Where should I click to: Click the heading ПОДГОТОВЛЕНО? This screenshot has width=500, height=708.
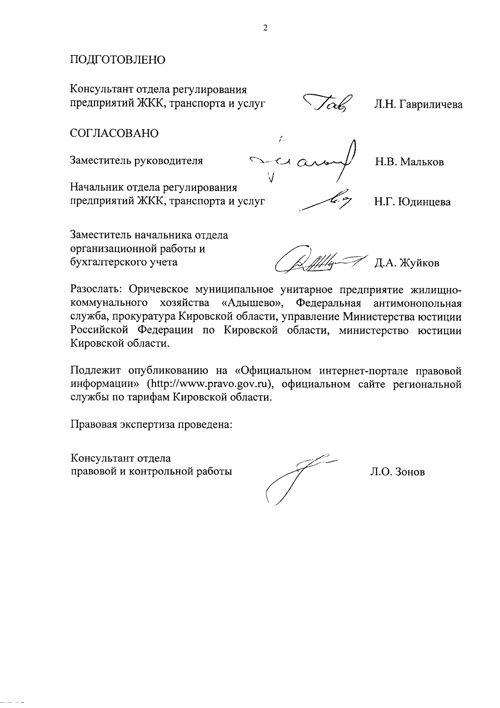117,60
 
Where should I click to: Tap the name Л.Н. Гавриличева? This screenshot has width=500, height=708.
418,105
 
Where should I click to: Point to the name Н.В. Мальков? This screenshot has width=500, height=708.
409,162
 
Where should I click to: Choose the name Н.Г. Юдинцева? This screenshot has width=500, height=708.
412,202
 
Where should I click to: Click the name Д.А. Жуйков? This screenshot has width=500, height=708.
407,263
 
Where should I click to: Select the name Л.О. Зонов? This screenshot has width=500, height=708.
397,472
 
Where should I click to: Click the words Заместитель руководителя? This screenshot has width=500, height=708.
136,160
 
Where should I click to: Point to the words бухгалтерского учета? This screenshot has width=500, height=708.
124,262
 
